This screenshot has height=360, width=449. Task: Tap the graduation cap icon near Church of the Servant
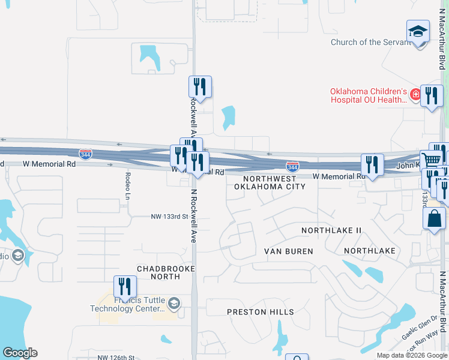click(x=418, y=32)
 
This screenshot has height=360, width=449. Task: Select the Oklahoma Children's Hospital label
click(x=369, y=96)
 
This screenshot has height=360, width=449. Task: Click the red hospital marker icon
click(x=415, y=95)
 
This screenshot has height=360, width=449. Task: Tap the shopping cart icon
click(x=431, y=160)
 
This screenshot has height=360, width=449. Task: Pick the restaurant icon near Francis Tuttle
click(x=125, y=286)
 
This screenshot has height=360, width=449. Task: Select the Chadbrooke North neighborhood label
click(x=166, y=273)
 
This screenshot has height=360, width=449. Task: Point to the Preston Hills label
click(x=261, y=312)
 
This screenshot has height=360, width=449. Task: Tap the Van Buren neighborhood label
click(x=289, y=251)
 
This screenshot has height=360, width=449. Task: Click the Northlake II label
click(x=331, y=230)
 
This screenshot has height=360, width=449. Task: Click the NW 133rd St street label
click(x=169, y=216)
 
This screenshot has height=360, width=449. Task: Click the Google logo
click(x=20, y=353)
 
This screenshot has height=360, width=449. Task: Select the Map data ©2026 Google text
click(x=411, y=355)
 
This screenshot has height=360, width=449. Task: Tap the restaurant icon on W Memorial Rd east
click(x=372, y=164)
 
